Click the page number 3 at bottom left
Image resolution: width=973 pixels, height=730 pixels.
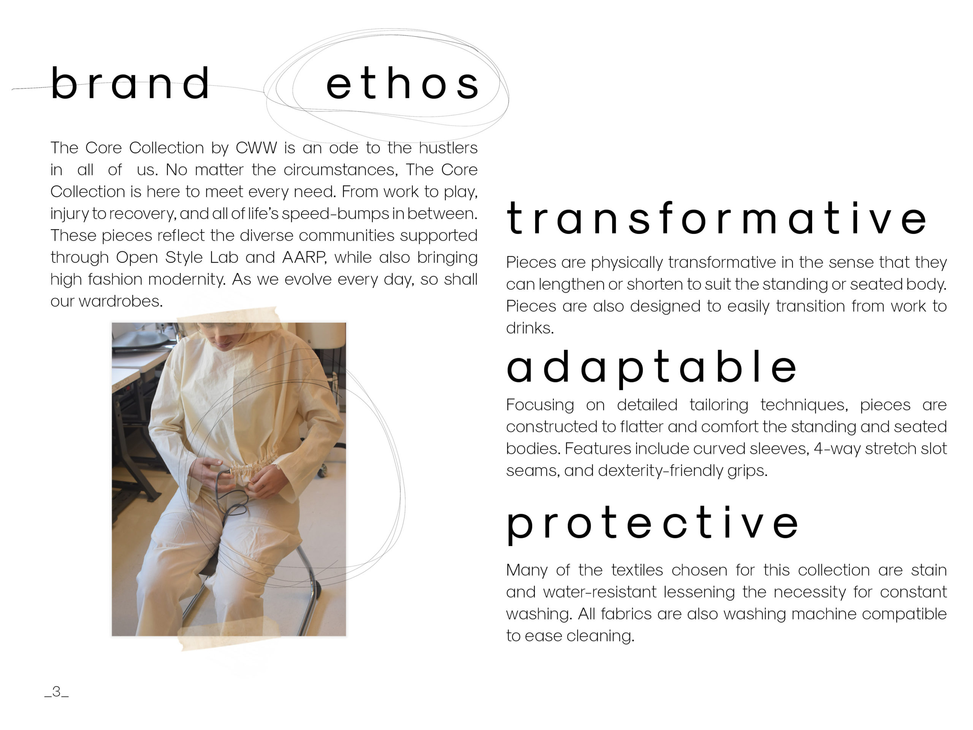(x=57, y=692)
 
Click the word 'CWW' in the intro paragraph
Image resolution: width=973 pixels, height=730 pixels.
(x=256, y=148)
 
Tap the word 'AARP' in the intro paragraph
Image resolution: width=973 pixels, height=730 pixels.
(x=304, y=257)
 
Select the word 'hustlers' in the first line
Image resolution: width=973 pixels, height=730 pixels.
(x=448, y=148)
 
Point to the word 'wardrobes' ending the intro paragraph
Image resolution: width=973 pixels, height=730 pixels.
(x=120, y=301)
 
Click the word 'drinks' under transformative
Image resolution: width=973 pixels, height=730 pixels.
(x=529, y=328)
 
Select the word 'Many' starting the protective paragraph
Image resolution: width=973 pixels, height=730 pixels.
(x=526, y=571)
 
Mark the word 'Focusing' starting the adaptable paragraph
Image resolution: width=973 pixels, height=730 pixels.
(x=540, y=405)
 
